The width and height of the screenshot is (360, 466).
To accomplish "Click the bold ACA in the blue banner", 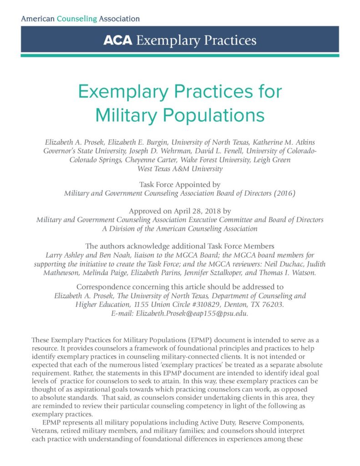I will point(117,41).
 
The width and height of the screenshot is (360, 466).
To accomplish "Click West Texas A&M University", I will point(180,169).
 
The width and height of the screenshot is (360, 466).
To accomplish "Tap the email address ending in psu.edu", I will point(180,314).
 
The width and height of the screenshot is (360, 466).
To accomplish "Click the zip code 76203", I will point(273,304).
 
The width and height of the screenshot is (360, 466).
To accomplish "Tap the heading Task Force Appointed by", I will point(180,185).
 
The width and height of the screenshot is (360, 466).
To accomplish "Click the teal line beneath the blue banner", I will point(180,55).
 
